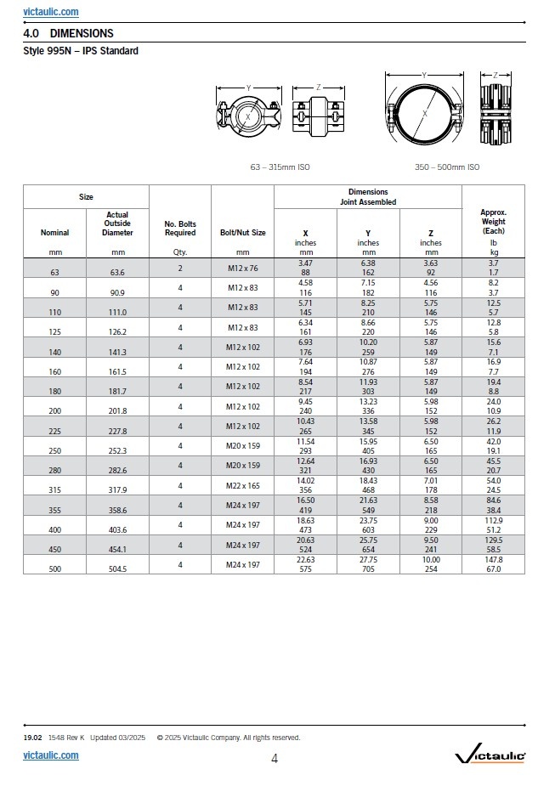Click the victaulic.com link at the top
(x=51, y=12)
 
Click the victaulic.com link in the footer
(x=51, y=755)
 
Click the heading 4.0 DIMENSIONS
(x=68, y=33)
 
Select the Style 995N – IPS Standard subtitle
(x=81, y=51)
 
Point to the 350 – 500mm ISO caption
(x=447, y=167)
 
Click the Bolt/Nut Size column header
(x=242, y=232)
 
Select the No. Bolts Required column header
(x=180, y=228)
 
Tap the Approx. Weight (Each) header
(x=493, y=221)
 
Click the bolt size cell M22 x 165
(x=242, y=485)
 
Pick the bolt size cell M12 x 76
(x=242, y=269)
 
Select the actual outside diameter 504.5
(x=117, y=568)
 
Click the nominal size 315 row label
(x=55, y=489)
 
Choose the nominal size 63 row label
(x=55, y=273)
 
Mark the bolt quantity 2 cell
(x=180, y=268)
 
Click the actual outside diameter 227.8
(x=117, y=430)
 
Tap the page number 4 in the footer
(x=275, y=759)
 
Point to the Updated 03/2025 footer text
(x=118, y=738)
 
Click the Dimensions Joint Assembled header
(x=367, y=197)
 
